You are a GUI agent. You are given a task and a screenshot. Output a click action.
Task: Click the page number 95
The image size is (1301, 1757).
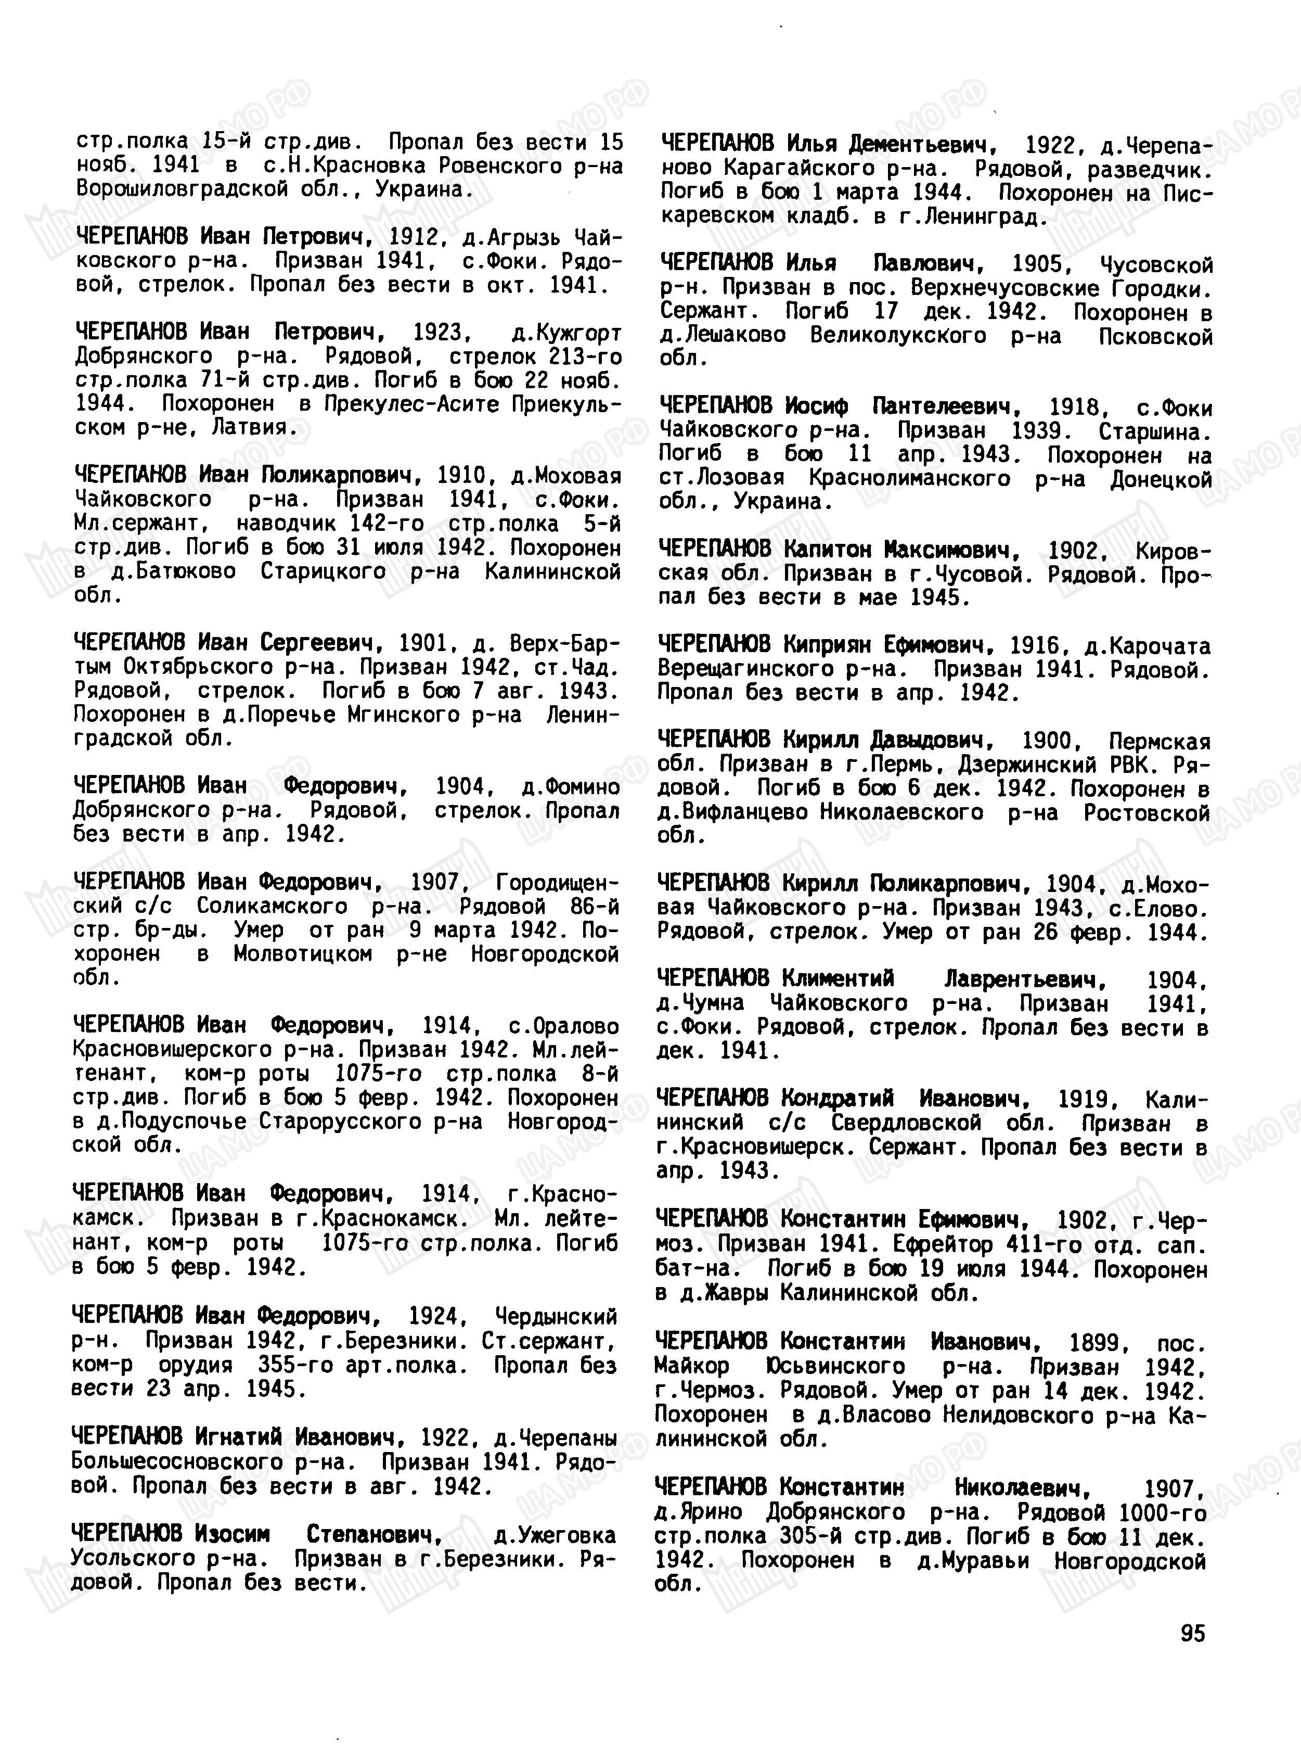[x=1192, y=1633]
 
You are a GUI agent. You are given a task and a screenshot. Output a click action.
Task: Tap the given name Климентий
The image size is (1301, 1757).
[x=838, y=979]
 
